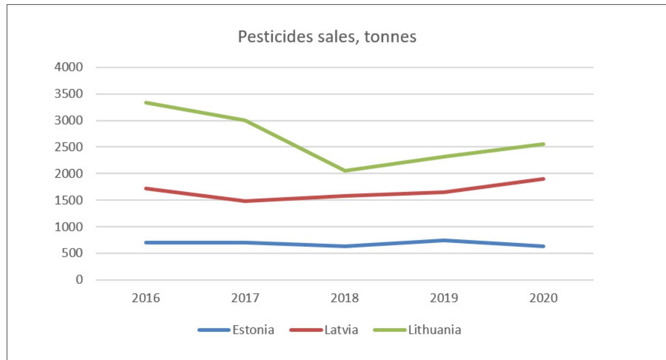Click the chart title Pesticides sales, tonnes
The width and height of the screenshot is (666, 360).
coord(327,37)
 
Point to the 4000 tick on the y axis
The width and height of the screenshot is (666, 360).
coord(68,67)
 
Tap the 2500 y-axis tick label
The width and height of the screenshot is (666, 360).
coord(68,147)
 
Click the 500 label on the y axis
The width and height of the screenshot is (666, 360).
coord(72,253)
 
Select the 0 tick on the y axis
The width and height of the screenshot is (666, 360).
coord(79,280)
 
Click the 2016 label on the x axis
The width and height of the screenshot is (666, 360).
coord(146,298)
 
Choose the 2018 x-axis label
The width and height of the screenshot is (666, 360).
coord(345,298)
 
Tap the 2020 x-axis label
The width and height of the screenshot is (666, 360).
coord(543,298)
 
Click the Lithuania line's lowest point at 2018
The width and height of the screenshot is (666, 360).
coord(345,170)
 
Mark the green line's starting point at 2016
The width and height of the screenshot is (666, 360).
coord(146,102)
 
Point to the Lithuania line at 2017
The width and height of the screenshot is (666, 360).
coord(245,120)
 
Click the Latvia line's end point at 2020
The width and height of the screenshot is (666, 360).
coord(543,179)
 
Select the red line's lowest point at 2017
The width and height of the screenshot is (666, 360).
coord(245,201)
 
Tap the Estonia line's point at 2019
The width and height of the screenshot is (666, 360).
coord(444,240)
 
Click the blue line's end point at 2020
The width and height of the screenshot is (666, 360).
coord(543,246)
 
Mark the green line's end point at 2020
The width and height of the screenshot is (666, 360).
coord(543,144)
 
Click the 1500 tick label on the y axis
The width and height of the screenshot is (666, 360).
coord(68,200)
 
